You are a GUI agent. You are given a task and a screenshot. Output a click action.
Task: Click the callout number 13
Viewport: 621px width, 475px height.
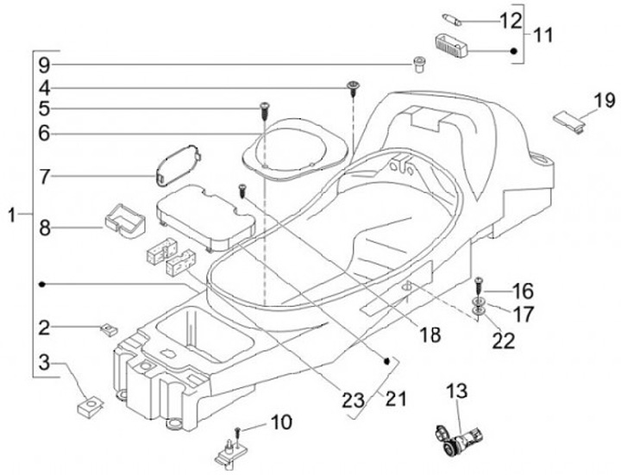tap(457, 391)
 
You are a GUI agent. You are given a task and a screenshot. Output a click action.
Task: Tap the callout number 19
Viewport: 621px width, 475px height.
tap(605, 100)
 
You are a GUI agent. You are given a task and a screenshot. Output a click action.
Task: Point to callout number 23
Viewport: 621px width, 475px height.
tap(354, 400)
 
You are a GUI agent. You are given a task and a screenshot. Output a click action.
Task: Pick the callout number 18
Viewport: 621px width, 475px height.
tap(430, 334)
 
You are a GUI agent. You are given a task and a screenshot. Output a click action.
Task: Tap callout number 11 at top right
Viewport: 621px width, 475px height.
tap(543, 34)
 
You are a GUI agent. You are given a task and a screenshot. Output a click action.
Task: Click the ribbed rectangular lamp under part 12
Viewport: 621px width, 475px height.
tap(451, 46)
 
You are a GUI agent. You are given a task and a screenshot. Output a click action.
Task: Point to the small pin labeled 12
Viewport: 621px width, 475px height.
tap(452, 20)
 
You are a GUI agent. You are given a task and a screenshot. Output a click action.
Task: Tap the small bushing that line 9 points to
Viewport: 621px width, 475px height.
tap(417, 64)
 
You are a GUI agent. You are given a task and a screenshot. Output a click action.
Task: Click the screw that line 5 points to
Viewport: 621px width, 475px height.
tap(264, 111)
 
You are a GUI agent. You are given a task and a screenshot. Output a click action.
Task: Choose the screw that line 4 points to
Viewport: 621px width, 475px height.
tap(353, 89)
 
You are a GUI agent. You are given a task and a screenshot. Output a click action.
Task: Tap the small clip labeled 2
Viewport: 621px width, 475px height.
tap(108, 329)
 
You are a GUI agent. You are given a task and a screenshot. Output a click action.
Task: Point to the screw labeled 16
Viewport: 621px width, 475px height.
tap(478, 285)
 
